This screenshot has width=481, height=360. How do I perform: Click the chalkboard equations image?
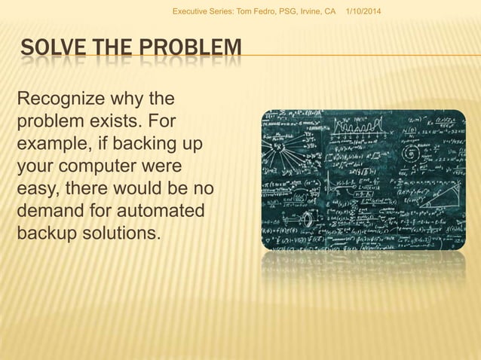click(363, 179)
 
